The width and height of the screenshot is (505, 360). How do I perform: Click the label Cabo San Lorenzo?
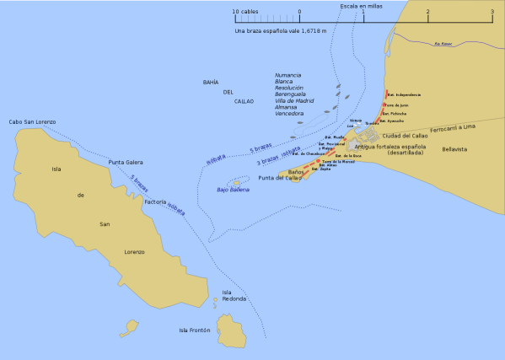click(x=32, y=122)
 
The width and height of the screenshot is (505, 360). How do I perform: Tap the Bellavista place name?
click(x=454, y=149)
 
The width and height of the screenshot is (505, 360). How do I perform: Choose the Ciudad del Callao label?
click(x=405, y=136)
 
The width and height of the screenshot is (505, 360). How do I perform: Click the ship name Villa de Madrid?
click(x=294, y=100)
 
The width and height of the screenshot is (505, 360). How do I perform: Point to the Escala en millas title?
click(x=361, y=6)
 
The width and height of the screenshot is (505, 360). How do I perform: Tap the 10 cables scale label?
click(x=246, y=13)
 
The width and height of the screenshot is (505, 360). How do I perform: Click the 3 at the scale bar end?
click(x=492, y=13)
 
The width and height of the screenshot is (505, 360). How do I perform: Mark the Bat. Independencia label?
click(x=404, y=94)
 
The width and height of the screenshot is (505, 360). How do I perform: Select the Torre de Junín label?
click(x=396, y=105)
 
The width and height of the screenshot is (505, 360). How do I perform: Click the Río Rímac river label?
click(x=443, y=44)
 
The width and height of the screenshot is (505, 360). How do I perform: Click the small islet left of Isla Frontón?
click(x=132, y=325)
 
